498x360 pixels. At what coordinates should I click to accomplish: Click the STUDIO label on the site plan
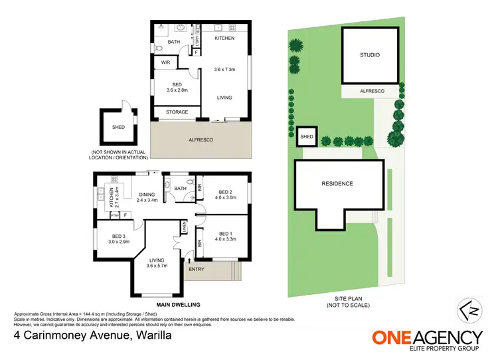(x=370, y=55)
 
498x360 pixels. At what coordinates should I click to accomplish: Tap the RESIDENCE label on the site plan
(x=337, y=183)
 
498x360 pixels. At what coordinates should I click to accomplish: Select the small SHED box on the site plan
(x=306, y=137)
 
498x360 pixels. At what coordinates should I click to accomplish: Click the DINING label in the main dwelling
(x=146, y=193)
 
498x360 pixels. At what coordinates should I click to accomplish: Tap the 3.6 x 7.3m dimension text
(x=225, y=70)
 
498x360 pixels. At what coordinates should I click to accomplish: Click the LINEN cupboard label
(x=184, y=230)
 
